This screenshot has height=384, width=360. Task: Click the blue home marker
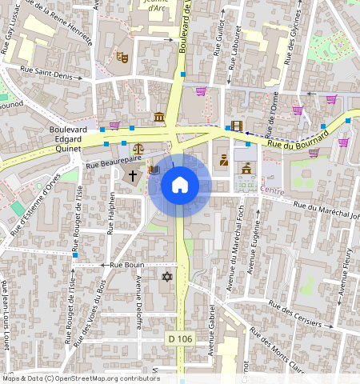[180, 186]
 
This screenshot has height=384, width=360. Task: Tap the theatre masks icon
[122, 58]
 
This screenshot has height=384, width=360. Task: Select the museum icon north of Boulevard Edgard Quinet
[159, 118]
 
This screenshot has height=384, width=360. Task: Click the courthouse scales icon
[139, 149]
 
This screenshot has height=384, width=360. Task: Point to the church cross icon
[133, 174]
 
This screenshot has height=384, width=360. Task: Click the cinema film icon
[236, 126]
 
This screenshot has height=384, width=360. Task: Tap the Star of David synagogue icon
[166, 277]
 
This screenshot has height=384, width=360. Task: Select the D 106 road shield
[180, 339]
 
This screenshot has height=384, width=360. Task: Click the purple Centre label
[272, 190]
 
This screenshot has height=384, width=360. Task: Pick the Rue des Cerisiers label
[301, 316]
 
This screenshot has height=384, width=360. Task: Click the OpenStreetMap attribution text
[80, 378]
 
